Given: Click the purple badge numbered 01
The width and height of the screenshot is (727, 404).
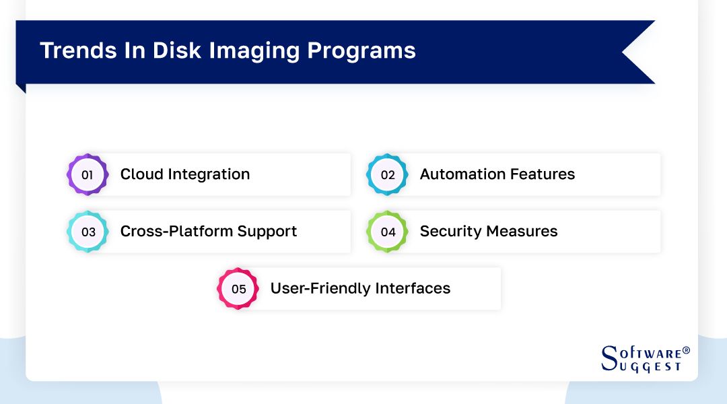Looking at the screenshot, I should (88, 175).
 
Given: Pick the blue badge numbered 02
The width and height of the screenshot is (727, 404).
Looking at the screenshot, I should (387, 175).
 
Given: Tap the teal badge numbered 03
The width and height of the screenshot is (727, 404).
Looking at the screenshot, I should (88, 232).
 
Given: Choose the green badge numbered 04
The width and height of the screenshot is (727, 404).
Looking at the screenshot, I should (387, 232).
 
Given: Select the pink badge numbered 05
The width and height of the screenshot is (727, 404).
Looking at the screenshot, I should (238, 289).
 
